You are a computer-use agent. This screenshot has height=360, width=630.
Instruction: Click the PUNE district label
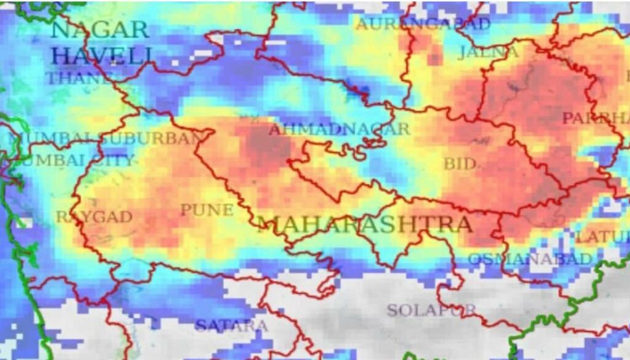[x=207, y=210]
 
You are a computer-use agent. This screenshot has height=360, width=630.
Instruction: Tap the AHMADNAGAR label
[x=339, y=129]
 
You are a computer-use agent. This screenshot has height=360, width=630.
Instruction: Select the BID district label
[x=460, y=164]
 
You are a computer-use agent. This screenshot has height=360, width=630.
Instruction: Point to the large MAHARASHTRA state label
[x=365, y=225]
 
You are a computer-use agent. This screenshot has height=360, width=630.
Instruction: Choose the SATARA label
[x=231, y=326]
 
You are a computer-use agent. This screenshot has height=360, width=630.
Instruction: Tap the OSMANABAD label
[x=530, y=259]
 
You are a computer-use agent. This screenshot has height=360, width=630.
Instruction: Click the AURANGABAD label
[x=423, y=25]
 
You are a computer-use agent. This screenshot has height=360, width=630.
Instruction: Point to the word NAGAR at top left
[x=100, y=30]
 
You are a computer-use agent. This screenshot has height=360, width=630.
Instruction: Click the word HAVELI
[x=102, y=56]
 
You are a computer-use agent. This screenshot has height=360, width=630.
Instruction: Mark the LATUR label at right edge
[x=603, y=237]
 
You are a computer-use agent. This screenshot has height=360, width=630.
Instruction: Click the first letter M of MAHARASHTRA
[x=269, y=225]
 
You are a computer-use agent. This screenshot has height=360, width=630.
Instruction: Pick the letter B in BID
[x=449, y=164]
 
